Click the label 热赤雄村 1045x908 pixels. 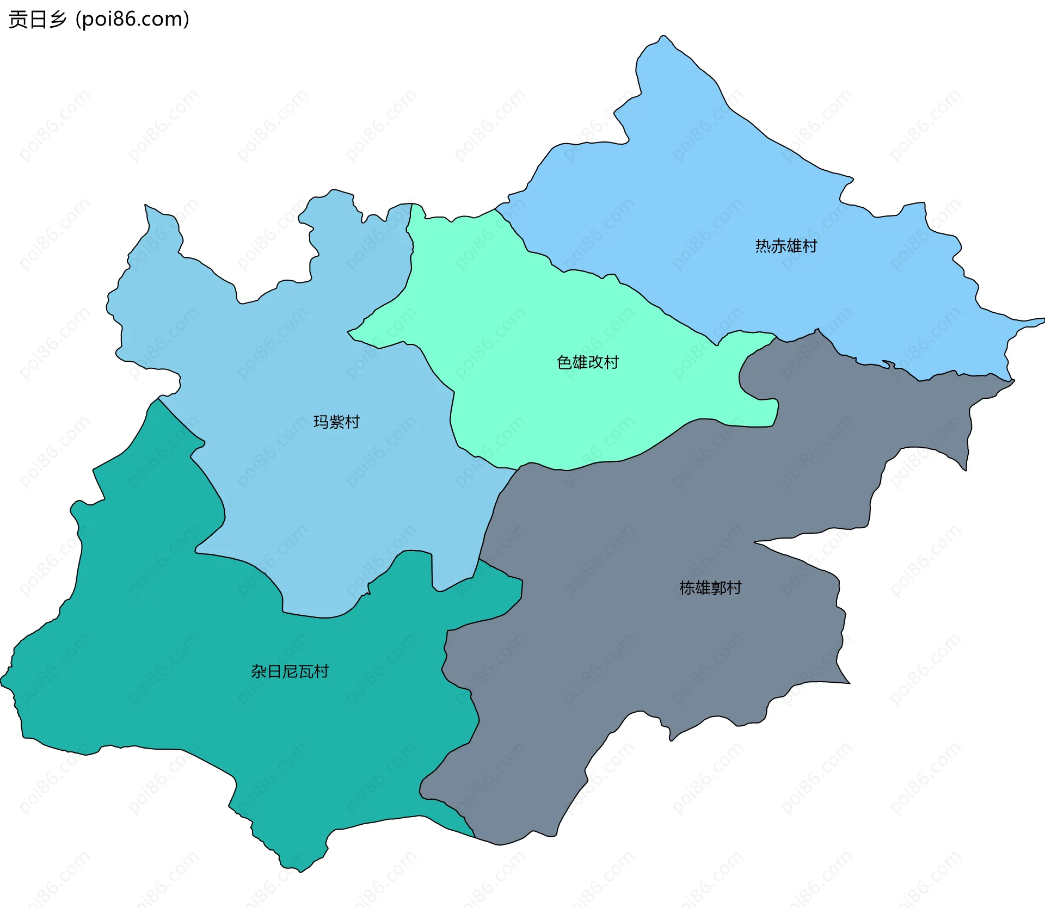[x=786, y=246]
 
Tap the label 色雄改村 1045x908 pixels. [x=588, y=362]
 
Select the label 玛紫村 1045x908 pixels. [x=336, y=422]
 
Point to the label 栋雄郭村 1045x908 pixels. [x=710, y=588]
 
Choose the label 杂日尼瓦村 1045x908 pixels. [x=290, y=671]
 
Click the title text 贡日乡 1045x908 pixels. [x=37, y=19]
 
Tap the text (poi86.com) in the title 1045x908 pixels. [x=132, y=19]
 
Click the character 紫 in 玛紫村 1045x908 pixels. [x=336, y=422]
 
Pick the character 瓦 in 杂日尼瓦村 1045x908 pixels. [x=305, y=671]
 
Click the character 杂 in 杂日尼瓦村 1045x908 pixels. [x=259, y=671]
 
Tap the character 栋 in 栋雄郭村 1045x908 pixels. [x=687, y=588]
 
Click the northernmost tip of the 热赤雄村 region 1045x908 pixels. [x=663, y=36]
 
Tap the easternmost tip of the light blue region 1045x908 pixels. [x=1043, y=320]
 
